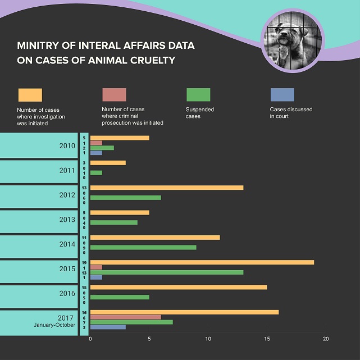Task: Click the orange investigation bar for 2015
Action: point(202,262)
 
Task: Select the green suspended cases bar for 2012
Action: point(125,198)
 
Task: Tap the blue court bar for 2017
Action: point(108,327)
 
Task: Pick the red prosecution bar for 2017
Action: point(125,317)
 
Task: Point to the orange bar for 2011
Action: point(108,163)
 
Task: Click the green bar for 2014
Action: point(143,247)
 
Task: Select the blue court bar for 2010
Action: point(96,153)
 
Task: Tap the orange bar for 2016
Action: point(179,288)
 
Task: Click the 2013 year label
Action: point(67,220)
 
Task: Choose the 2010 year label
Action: point(67,146)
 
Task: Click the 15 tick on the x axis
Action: point(267,339)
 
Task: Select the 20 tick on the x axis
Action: point(325,339)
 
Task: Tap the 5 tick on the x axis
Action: point(149,339)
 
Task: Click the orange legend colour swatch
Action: point(30,95)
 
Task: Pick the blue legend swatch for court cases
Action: point(282,95)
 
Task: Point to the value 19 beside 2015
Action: point(84,262)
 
